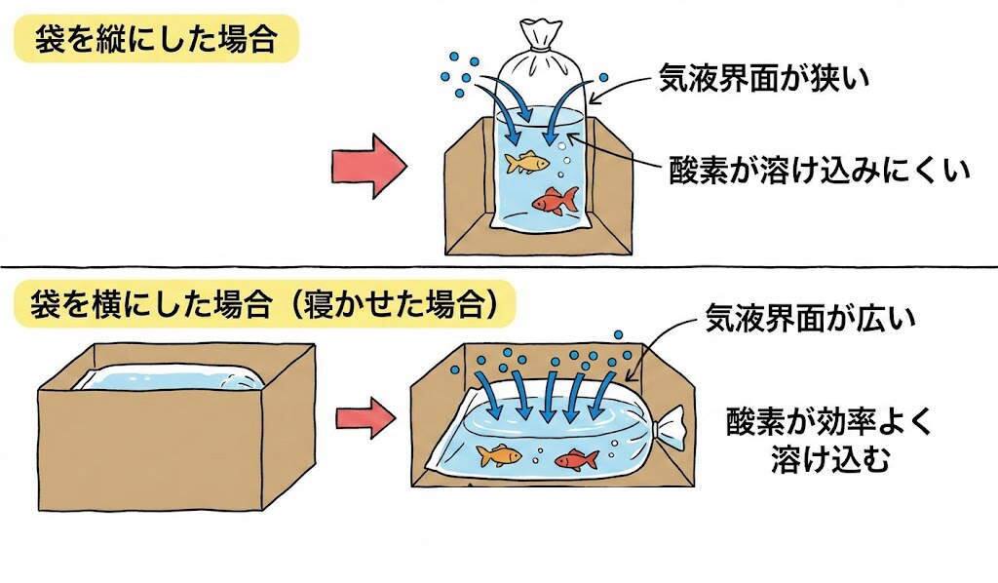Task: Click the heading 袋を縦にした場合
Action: (x=155, y=40)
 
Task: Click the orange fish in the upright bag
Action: (x=524, y=160)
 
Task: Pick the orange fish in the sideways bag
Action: (x=498, y=454)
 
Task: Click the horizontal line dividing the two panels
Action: (x=499, y=267)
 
